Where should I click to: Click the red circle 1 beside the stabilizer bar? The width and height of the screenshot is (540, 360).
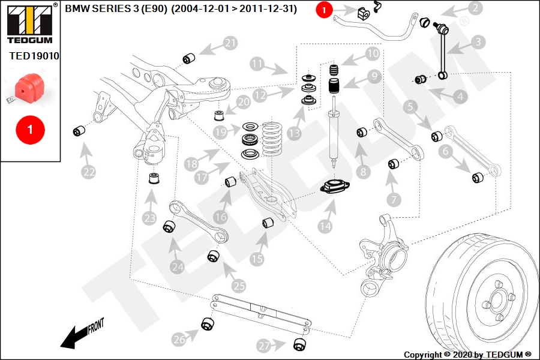click(324, 10)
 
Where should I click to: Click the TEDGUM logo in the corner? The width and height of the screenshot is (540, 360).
click(30, 23)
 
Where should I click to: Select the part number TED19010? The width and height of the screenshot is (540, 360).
click(34, 56)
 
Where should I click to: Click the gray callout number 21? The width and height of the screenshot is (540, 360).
click(230, 43)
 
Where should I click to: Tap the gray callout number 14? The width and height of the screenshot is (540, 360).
click(325, 226)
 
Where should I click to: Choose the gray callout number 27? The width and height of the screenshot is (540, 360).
click(264, 346)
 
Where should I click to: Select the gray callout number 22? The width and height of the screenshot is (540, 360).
click(89, 172)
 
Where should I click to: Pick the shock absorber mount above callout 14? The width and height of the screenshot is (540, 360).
click(335, 187)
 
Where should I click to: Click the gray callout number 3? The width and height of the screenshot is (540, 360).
click(478, 42)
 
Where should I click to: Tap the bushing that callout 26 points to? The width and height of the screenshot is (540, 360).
click(208, 323)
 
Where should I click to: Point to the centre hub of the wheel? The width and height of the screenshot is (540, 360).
click(497, 301)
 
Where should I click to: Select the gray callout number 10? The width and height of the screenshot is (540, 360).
click(372, 54)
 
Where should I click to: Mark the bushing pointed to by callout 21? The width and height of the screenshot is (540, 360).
click(189, 58)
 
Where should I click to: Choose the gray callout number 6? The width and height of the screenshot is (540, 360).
click(446, 151)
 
